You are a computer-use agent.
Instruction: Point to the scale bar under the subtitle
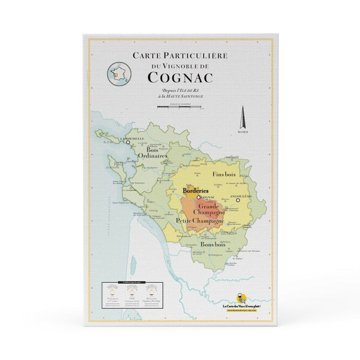tap(179, 108)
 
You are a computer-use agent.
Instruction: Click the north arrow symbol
tap(243, 118)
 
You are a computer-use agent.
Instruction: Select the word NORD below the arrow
tap(243, 132)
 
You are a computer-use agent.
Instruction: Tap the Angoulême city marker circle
tap(238, 201)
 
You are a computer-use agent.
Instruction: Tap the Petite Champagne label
tap(200, 221)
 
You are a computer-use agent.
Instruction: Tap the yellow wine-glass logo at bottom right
tap(240, 298)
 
